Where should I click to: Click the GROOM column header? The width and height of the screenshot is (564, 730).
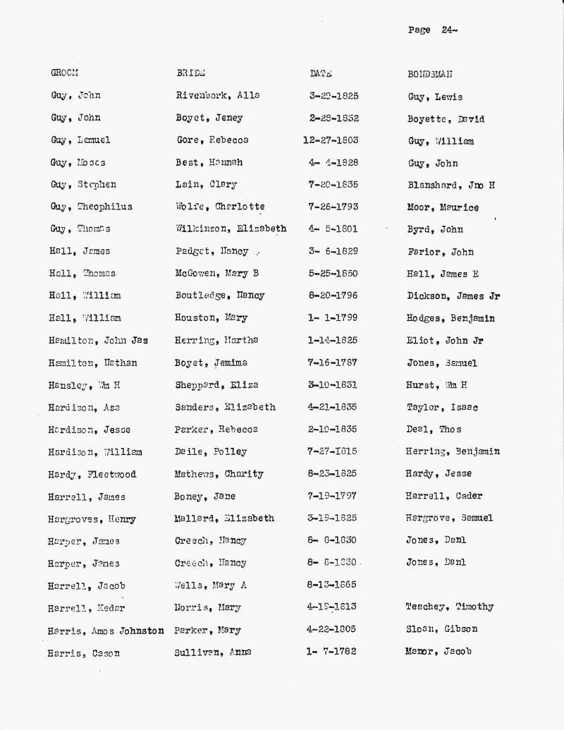point(64,73)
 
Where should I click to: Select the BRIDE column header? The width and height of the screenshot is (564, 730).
point(190,73)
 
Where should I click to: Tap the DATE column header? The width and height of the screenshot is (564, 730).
point(321,73)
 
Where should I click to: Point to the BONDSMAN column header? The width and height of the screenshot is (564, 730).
point(430,74)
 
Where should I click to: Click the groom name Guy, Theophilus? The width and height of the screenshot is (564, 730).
point(91,207)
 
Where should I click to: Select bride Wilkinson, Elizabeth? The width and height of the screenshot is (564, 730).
point(231,229)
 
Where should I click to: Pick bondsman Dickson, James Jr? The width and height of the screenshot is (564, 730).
point(453,296)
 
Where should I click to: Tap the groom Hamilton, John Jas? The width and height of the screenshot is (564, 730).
point(98,341)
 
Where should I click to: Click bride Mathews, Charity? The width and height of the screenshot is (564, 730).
point(219,474)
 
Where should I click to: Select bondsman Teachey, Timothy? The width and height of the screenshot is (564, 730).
point(449,607)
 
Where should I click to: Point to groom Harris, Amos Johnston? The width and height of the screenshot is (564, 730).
point(106,631)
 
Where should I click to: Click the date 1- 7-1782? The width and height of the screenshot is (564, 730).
point(331,652)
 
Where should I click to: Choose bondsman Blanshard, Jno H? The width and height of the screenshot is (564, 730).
point(451,185)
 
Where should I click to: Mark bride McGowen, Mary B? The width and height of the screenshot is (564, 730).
point(219,274)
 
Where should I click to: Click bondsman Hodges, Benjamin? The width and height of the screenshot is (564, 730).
point(450,318)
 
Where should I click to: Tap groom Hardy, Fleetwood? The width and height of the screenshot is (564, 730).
point(92,475)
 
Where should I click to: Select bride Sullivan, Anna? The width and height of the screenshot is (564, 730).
point(213,652)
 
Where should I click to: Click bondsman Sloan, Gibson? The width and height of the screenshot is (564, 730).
point(441,629)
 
